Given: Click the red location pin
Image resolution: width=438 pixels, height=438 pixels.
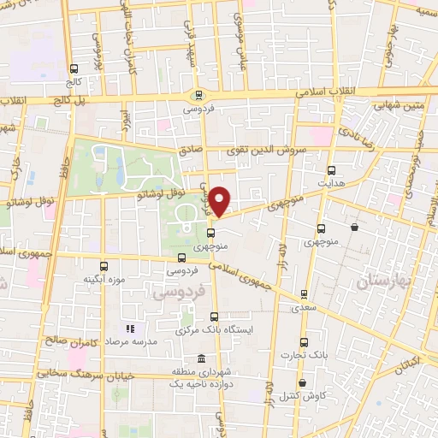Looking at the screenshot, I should click(x=220, y=200).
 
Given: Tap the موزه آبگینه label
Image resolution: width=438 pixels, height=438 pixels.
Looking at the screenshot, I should click(x=104, y=280).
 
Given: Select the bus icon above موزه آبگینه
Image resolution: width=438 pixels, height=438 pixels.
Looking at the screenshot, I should click(x=104, y=266).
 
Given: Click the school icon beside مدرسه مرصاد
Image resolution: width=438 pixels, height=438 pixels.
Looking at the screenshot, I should click(x=131, y=328).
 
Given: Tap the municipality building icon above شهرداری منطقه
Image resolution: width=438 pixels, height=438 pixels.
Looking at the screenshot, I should click(x=201, y=358).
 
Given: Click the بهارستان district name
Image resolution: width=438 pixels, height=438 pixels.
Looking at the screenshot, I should click(x=384, y=280).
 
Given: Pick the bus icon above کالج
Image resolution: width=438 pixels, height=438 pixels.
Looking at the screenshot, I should click(x=74, y=68).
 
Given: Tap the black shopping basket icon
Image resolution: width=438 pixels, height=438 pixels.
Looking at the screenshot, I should click(x=354, y=227).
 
